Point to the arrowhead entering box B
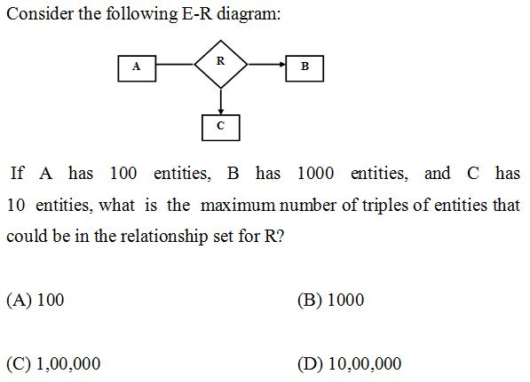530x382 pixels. click(282, 64)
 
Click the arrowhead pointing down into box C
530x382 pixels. click(221, 112)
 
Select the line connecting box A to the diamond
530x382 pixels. click(176, 64)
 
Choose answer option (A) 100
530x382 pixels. click(36, 300)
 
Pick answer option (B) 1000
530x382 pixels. click(330, 300)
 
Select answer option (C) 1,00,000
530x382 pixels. click(53, 363)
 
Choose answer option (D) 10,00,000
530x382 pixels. click(350, 363)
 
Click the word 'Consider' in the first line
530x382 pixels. click(40, 14)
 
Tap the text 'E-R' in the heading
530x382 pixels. click(197, 14)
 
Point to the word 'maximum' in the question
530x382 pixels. click(238, 205)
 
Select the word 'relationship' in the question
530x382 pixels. click(164, 237)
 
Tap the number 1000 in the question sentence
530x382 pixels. click(316, 174)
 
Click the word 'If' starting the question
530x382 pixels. click(17, 173)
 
